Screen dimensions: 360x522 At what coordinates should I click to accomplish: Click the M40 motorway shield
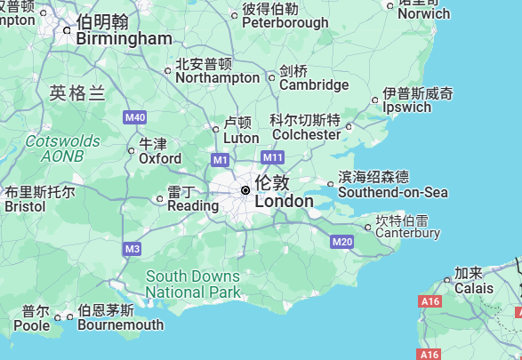coord(135,117)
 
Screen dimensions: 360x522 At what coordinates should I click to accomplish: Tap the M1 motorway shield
coord(221,160)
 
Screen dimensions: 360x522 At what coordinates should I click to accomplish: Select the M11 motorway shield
coord(273,158)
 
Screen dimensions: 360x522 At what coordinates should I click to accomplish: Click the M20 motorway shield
coord(341,242)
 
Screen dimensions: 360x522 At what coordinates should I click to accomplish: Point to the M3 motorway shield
coord(133,249)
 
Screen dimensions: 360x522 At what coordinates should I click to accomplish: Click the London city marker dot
coord(245,190)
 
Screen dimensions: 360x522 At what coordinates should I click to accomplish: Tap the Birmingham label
coord(124,38)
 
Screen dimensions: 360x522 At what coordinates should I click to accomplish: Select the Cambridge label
coord(314,84)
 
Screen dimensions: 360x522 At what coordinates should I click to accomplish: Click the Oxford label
coord(160,158)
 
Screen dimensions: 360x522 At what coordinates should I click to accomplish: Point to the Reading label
coord(193,205)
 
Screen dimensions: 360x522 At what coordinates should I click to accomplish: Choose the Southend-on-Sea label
coord(393,192)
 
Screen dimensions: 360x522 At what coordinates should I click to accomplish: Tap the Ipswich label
coord(406,107)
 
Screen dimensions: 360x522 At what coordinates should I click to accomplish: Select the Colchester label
coord(307,134)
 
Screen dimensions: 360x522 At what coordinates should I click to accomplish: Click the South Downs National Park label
coord(193,284)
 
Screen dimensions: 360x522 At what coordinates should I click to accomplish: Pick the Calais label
coord(474,288)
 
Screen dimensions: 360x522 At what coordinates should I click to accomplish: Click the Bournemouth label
coord(120,324)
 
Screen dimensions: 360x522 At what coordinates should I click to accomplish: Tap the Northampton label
coord(218,77)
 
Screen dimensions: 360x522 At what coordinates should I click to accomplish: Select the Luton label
coord(241,138)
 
